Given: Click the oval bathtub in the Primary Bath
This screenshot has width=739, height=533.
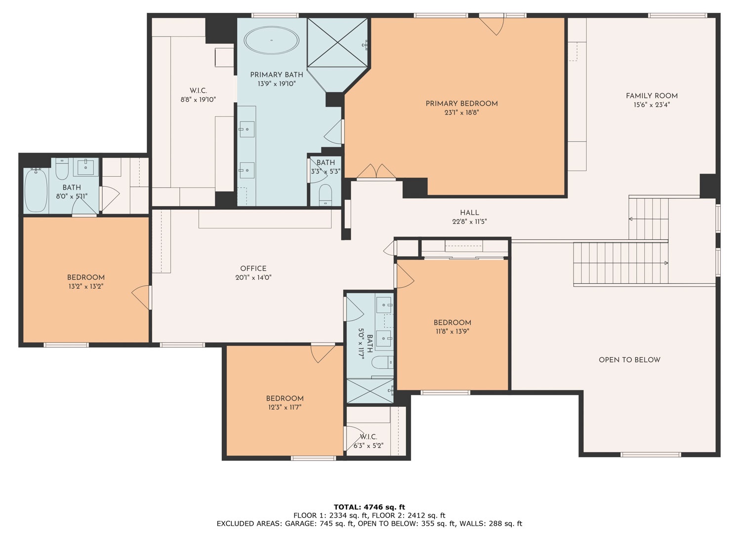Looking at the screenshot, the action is (272, 40).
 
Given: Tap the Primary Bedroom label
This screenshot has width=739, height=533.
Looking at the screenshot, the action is (461, 104).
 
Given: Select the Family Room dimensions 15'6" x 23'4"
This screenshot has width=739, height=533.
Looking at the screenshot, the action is (652, 105).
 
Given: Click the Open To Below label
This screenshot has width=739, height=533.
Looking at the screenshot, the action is (629, 360).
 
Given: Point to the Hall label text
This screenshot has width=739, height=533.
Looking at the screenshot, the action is (469, 213).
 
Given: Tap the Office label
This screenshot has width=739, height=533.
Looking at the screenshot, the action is (253, 268).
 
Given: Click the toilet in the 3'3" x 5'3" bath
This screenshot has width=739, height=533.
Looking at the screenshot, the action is (326, 195).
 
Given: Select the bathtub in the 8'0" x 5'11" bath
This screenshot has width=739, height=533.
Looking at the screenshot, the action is (36, 190).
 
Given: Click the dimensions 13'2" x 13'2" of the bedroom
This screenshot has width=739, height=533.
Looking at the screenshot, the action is (86, 286).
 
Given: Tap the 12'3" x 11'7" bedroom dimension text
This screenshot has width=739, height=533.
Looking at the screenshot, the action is (285, 408).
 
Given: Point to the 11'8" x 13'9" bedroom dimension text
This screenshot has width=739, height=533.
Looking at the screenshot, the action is (452, 332).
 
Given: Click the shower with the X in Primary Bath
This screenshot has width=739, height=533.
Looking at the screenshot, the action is (337, 42).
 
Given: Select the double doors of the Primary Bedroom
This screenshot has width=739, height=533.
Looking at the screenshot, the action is (376, 172).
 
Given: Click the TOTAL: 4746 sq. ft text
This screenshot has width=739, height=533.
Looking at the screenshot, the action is (369, 507).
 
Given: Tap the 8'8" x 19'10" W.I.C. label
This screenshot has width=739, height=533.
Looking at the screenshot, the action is (198, 100).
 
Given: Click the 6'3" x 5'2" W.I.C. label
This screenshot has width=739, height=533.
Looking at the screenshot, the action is (369, 446).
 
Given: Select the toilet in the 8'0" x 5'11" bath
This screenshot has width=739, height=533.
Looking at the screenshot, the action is (62, 169).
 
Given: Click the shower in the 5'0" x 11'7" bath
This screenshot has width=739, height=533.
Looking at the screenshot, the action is (370, 391).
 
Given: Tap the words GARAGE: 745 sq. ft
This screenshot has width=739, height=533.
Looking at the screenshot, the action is (320, 524).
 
